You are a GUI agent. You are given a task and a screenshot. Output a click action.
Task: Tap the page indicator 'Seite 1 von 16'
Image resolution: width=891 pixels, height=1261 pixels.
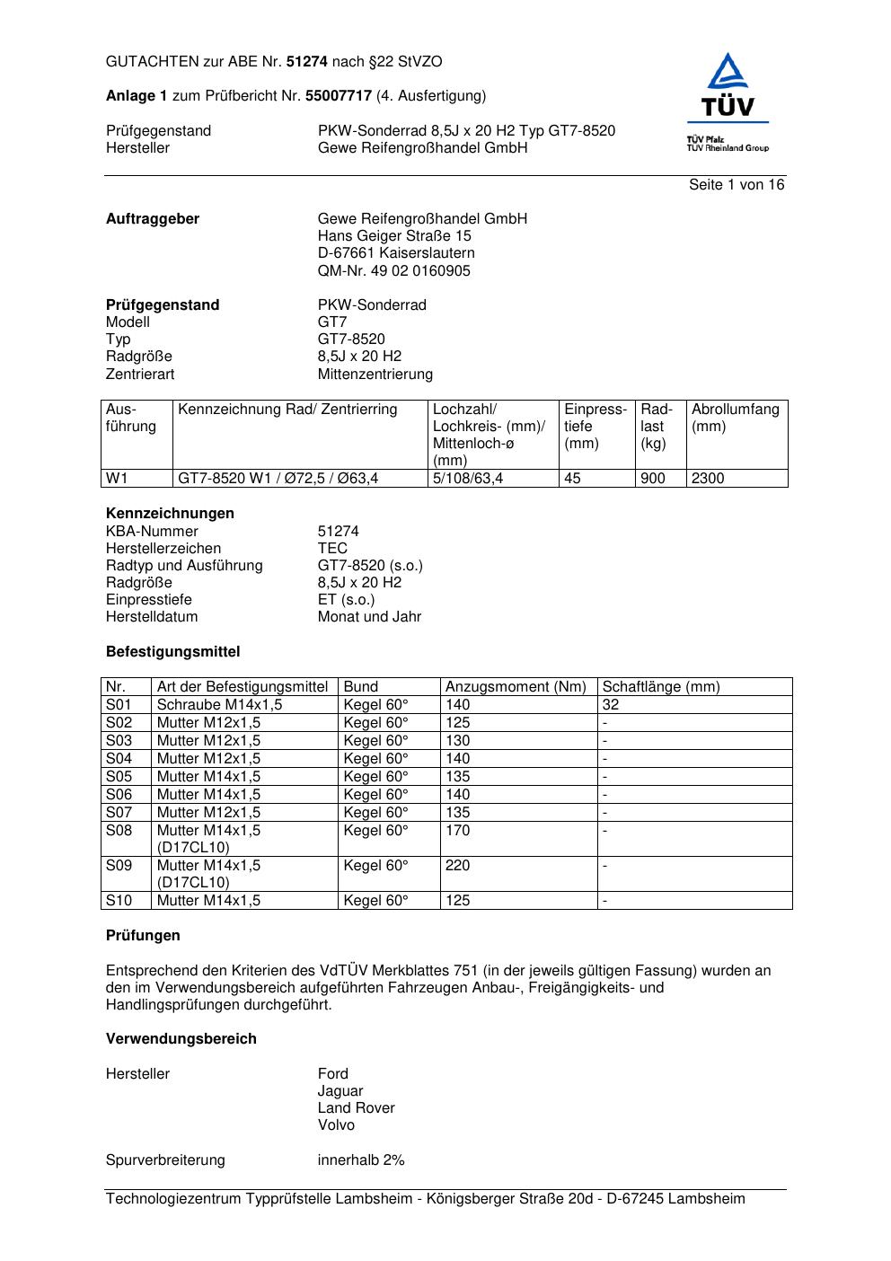tap(737, 185)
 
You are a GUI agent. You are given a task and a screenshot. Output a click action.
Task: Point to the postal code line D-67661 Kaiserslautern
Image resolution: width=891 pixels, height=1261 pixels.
tap(396, 254)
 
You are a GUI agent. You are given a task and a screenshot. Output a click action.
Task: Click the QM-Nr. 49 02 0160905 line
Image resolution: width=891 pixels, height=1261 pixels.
tap(393, 271)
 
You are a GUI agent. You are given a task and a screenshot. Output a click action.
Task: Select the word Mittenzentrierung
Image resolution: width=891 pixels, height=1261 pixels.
tap(375, 375)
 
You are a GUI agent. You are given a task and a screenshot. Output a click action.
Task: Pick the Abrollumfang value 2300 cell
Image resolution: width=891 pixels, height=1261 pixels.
tap(708, 479)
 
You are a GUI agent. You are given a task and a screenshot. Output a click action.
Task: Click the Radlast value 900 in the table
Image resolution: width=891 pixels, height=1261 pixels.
tap(653, 479)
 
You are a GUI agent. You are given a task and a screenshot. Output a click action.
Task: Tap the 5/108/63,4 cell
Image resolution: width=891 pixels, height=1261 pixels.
tap(468, 479)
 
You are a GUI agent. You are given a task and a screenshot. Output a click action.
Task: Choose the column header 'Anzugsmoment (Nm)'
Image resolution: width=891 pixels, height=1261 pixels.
tap(516, 687)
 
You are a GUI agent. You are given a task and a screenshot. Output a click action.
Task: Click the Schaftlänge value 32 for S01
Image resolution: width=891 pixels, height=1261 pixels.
tap(611, 705)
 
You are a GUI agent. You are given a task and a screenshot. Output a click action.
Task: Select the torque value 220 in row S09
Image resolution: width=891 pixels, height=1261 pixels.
tap(458, 866)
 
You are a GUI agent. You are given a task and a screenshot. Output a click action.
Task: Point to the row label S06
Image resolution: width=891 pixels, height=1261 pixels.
tap(119, 795)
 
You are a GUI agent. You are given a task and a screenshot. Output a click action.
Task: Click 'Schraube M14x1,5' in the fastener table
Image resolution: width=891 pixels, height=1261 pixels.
tap(219, 705)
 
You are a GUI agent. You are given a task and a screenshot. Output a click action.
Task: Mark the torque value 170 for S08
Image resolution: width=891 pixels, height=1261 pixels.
tap(458, 831)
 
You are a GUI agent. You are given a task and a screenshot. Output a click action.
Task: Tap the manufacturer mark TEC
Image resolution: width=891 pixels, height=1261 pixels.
tap(332, 549)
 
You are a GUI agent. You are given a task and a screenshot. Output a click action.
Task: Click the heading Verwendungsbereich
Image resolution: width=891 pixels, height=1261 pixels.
tap(181, 1039)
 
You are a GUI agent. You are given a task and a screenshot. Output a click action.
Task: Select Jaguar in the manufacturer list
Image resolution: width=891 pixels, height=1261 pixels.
tap(340, 1091)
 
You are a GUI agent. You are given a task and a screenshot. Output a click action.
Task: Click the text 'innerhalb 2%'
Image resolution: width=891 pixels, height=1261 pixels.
tap(361, 1160)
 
